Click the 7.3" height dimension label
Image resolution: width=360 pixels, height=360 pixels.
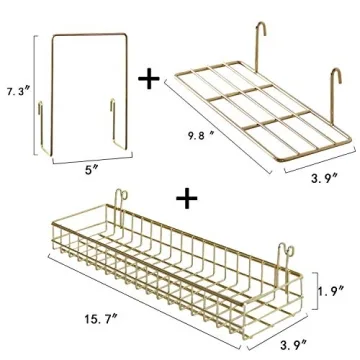click(x=15, y=91)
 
